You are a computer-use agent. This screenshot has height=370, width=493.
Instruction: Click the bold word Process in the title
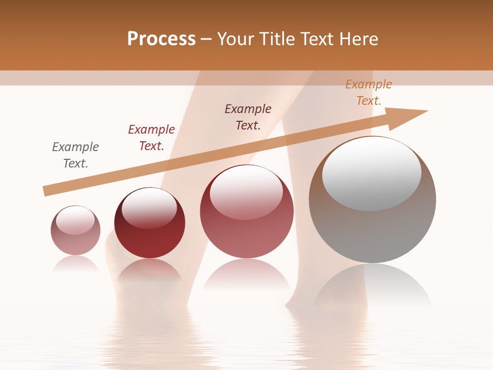161,39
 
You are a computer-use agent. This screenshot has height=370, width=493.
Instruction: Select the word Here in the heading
358,39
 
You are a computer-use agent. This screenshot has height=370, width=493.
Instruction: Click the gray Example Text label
75,155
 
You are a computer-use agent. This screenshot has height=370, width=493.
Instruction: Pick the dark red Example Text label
151,138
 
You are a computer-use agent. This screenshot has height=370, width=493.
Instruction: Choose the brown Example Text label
248,117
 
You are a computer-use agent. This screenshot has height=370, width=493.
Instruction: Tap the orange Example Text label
369,92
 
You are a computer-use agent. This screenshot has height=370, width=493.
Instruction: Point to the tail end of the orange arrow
46,191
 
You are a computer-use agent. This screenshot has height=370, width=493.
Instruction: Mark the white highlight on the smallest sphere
75,220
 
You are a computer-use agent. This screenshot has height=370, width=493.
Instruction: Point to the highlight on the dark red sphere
149,208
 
